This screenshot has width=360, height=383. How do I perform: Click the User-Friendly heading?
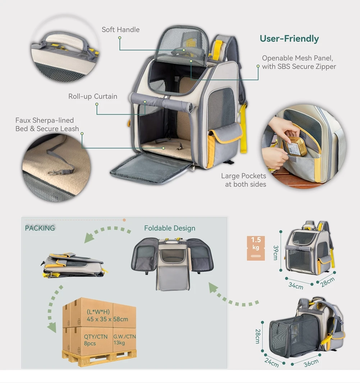point(289,39)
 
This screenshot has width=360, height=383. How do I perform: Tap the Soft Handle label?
point(120,30)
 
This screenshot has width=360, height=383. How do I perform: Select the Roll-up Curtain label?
point(93,96)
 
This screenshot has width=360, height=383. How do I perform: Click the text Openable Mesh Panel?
point(297,58)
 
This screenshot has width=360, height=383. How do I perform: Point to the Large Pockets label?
point(243,176)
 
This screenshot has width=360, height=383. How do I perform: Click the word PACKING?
point(40,228)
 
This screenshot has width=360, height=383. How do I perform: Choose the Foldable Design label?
point(170,228)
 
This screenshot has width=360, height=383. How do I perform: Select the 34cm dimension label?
point(296,285)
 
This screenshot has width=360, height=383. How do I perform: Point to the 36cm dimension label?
point(311,363)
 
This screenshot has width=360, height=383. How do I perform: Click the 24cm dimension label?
point(272,362)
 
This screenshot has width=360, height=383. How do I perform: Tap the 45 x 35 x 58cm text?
point(107,319)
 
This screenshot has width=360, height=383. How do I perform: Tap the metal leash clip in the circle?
point(53,172)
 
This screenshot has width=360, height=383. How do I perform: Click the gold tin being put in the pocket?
point(297,147)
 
